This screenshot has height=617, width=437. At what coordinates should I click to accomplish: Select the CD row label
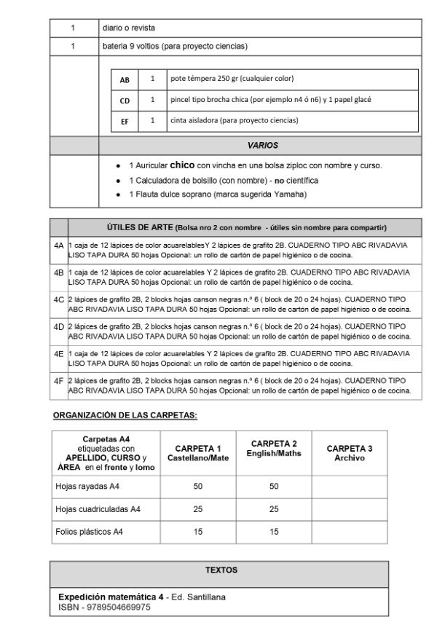point(125,101)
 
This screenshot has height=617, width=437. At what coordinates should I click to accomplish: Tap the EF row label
point(125,122)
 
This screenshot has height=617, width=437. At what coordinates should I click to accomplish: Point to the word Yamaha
point(291,194)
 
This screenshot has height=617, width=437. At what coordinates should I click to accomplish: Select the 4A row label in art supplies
point(59,246)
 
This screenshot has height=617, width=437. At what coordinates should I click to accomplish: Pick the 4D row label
point(59,326)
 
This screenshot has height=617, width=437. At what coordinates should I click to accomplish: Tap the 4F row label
point(59,380)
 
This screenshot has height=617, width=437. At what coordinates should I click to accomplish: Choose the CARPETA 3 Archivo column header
point(350,452)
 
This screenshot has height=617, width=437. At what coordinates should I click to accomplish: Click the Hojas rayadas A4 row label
point(90,485)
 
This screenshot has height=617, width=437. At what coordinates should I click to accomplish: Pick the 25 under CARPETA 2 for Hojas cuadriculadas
point(274,508)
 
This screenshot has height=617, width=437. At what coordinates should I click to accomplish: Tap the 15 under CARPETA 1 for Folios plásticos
point(198,532)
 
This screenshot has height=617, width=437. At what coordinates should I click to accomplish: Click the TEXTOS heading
point(221,570)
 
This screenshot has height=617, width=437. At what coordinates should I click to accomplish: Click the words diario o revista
point(129,28)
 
